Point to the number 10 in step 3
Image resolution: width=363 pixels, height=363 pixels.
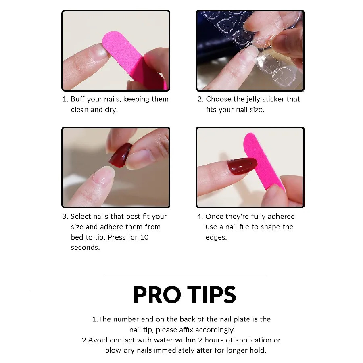pos(144,237)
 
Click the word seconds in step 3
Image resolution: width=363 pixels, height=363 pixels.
pos(85,248)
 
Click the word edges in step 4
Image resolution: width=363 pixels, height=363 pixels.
pos(216,238)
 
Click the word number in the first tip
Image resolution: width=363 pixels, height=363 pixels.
pos(126,319)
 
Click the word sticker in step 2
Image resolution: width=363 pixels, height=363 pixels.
pos(273,99)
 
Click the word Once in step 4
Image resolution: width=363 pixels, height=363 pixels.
pos(214,217)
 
